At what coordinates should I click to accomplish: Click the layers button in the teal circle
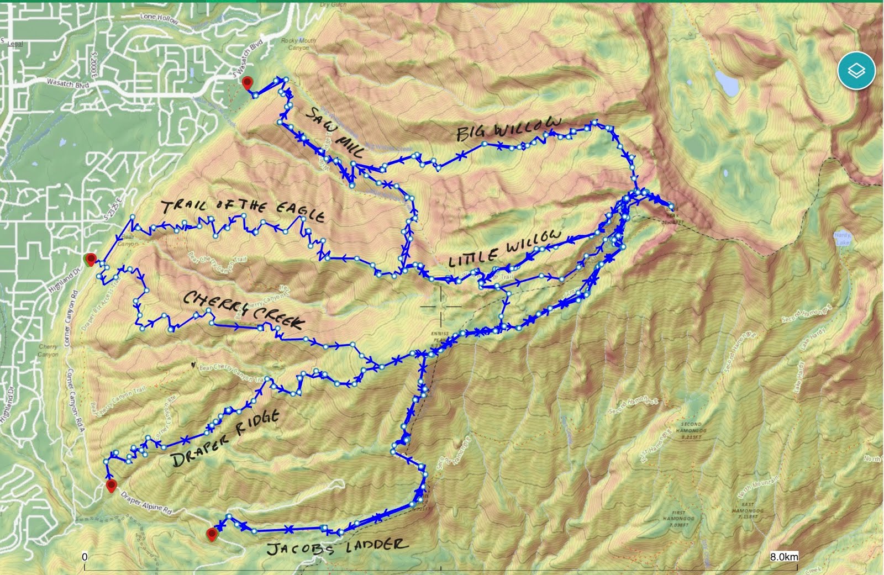coord(856,71)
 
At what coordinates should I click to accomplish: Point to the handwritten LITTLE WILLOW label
coord(504,250)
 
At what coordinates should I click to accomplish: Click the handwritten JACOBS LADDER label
coord(337,547)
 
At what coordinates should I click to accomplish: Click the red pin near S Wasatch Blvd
coord(247,83)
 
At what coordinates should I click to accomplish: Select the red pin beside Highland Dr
coord(91,259)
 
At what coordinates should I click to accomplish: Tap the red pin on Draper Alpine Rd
coord(112,486)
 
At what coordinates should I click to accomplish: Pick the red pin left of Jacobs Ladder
coord(212,534)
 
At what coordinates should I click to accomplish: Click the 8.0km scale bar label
coord(783,557)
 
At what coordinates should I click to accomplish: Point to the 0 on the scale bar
coord(85,557)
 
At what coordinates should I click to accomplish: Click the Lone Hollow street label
coord(159,19)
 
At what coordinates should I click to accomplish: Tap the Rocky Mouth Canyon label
coord(298,44)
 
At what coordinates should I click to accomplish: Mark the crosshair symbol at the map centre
coord(441,305)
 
